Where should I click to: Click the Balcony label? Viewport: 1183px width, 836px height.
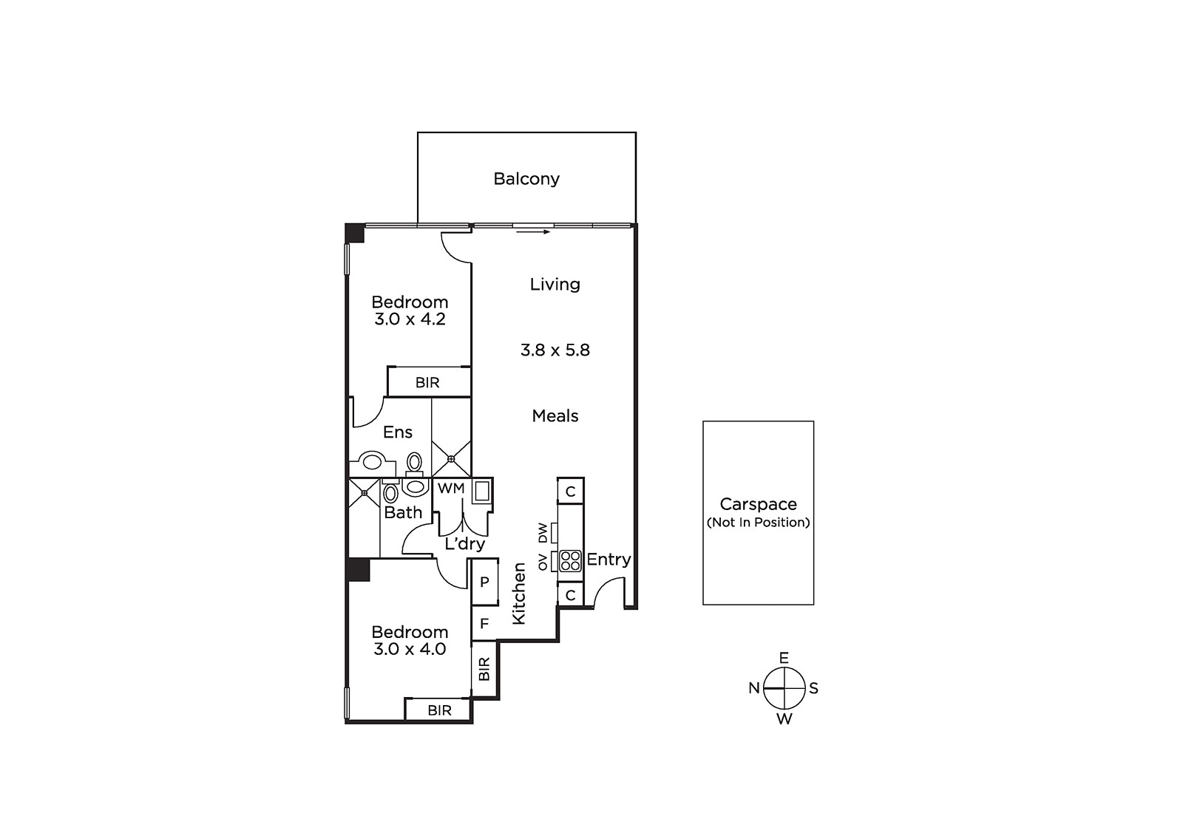point(526,179)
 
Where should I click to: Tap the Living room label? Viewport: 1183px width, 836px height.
point(555,284)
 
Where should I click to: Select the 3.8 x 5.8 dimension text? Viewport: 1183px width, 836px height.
point(555,350)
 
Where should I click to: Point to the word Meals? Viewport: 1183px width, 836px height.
point(555,415)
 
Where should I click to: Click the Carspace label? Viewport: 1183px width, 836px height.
point(758,504)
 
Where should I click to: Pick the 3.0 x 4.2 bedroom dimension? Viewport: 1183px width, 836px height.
point(410,319)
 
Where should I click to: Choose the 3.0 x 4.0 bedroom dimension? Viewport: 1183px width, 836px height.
point(410,649)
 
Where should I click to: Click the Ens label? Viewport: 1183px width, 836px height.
point(398,432)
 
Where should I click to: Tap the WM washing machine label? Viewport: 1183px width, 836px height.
point(451,489)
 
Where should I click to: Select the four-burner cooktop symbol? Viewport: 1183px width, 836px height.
point(570,561)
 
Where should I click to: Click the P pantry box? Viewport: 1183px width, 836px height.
point(485,582)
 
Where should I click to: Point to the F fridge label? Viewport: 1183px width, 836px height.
point(484,624)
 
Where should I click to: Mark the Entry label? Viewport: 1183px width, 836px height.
point(609,560)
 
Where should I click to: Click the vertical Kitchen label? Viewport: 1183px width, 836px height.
point(519,594)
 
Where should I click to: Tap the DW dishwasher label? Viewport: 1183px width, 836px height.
point(543,533)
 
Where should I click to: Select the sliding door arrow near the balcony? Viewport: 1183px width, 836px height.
point(533,232)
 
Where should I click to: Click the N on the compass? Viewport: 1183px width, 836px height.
point(754,688)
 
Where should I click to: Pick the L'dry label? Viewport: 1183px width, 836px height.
point(465,544)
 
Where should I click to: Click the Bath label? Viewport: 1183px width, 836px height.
point(403,512)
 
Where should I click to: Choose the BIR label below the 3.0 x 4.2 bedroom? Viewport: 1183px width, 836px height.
point(427,382)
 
